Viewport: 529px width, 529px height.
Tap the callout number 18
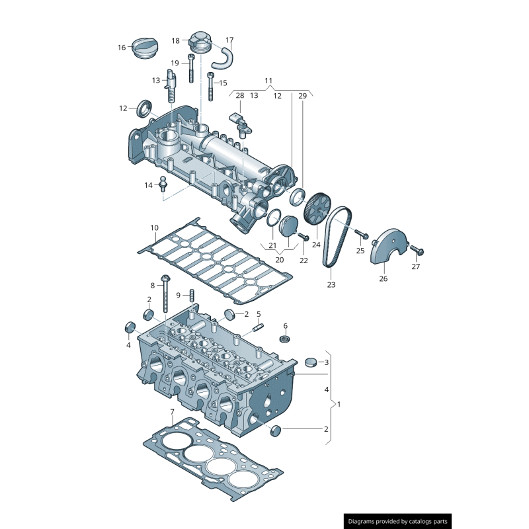point(176,40)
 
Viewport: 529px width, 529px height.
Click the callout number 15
point(223,83)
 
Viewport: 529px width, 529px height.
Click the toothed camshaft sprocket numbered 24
point(316,208)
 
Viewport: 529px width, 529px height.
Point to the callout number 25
point(360,251)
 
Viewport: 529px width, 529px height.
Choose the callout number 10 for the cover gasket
point(154,228)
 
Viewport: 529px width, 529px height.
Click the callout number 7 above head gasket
point(172,412)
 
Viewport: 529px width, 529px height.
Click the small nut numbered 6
point(286,339)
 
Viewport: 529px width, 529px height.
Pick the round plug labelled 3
point(311,362)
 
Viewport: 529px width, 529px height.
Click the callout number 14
point(148,185)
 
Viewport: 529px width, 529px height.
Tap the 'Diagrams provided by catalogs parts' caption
point(398,521)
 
